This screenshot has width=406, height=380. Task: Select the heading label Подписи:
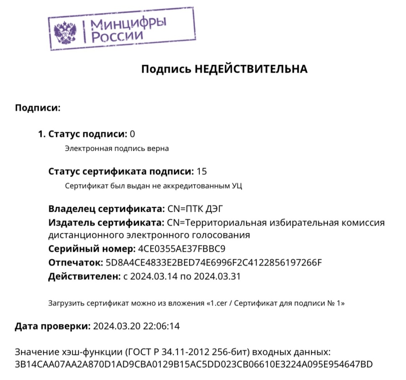37,107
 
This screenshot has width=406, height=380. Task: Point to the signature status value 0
132,134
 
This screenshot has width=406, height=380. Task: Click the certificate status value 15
202,172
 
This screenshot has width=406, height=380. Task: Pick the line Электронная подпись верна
117,149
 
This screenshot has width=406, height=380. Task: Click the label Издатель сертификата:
106,222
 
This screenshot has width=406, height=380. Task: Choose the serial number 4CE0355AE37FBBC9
182,249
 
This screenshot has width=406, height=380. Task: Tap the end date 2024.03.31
218,276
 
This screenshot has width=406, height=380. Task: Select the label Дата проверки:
52,326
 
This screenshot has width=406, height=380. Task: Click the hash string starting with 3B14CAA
193,363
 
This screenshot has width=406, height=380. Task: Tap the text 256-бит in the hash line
240,352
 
